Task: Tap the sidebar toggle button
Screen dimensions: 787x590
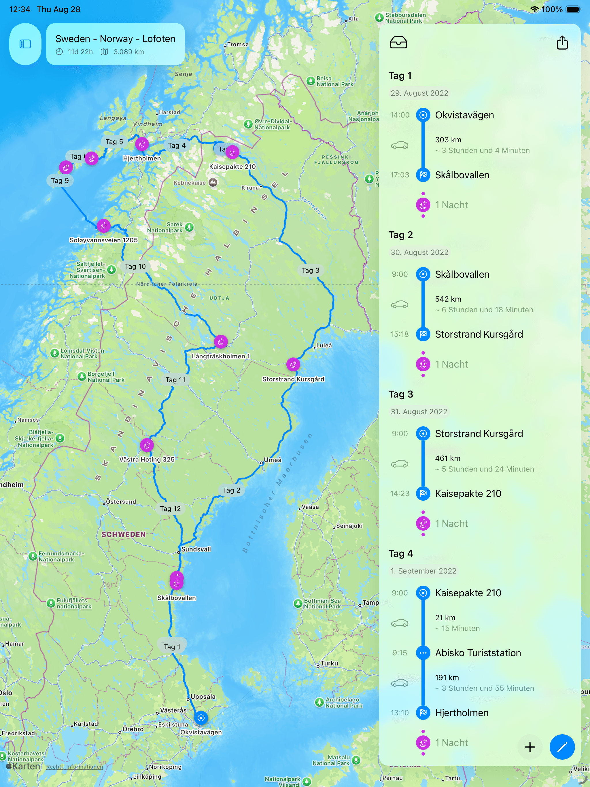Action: click(x=25, y=44)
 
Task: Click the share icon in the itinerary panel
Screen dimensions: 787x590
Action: click(x=562, y=43)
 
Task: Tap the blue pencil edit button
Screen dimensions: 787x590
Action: click(x=561, y=747)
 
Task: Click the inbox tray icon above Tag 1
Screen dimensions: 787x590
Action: click(x=398, y=43)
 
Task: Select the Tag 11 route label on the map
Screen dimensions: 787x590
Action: click(x=175, y=380)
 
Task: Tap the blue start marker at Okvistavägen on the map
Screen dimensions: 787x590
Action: click(x=201, y=718)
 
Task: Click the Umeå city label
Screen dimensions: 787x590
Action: click(x=273, y=460)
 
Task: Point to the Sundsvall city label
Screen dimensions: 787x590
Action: click(x=196, y=549)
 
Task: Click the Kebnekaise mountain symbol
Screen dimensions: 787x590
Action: click(x=213, y=182)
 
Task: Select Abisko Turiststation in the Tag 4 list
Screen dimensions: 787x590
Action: click(x=478, y=653)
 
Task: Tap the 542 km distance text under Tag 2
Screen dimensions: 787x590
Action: click(x=448, y=299)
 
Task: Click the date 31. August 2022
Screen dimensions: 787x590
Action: click(x=419, y=412)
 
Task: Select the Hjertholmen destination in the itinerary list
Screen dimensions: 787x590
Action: click(x=462, y=713)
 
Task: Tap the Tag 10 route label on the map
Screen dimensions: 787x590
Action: click(x=135, y=266)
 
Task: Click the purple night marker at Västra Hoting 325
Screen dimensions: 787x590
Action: click(x=147, y=445)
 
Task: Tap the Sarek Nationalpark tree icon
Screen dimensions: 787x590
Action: click(x=190, y=227)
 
